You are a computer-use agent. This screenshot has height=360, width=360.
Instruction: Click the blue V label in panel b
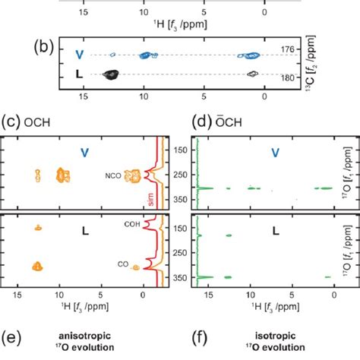tap(79, 55)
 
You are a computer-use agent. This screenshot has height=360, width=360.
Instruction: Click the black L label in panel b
tap(79, 74)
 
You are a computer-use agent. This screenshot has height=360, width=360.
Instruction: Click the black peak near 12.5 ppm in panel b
tap(111, 74)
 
